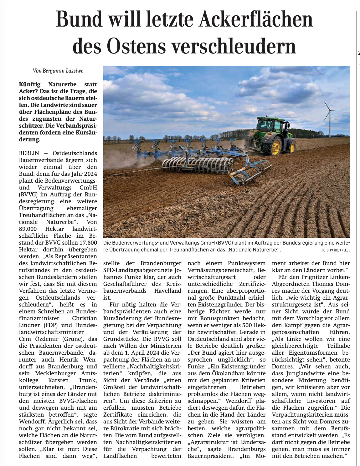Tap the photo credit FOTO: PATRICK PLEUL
click(x=335, y=250)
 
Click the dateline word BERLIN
click(x=29, y=153)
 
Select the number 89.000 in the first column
click(x=28, y=229)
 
